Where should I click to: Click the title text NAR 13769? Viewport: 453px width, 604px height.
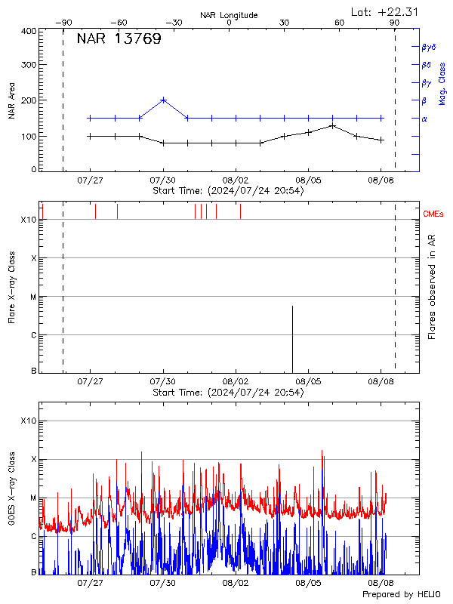click(x=119, y=40)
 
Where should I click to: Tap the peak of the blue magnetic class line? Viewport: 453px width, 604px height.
click(x=164, y=100)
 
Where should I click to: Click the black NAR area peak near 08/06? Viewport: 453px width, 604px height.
click(x=332, y=125)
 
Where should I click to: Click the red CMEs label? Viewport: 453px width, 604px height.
click(x=433, y=214)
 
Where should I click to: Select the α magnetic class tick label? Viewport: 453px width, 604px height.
click(x=424, y=119)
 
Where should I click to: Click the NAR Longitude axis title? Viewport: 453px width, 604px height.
click(x=229, y=15)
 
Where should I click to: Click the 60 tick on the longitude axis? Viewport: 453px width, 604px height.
click(x=340, y=23)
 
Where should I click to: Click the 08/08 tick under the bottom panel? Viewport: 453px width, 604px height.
click(x=381, y=583)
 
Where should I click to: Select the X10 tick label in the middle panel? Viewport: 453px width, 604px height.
click(x=28, y=220)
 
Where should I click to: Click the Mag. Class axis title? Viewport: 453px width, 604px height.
click(x=442, y=84)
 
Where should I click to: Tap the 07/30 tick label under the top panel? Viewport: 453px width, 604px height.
click(x=163, y=180)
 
